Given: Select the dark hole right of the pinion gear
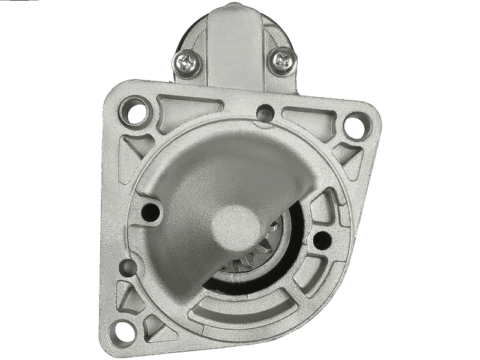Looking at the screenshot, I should tap(322, 239).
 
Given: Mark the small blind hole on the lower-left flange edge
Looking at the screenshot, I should tap(127, 268).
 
